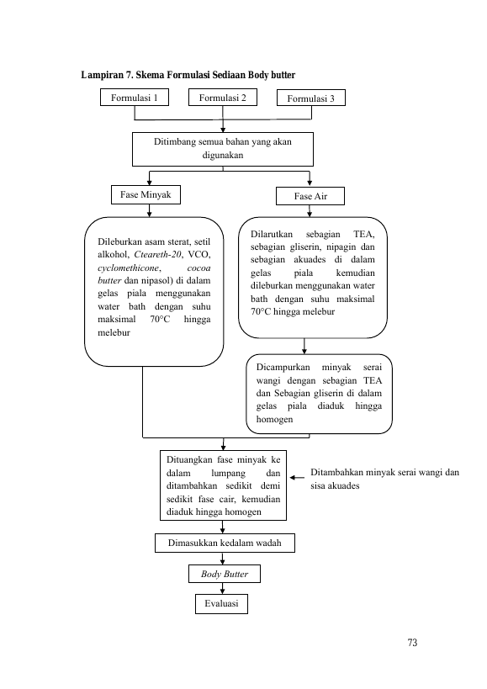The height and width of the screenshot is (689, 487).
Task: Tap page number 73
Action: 412,643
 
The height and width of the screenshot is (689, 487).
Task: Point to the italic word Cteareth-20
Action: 157,254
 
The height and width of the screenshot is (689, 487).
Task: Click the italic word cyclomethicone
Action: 128,268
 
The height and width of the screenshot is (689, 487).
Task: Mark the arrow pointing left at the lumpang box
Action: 297,478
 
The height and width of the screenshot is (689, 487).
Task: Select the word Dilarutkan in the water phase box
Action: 272,234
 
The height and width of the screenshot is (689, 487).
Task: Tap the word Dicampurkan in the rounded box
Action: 283,368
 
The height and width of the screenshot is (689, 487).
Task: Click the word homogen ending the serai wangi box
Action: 274,420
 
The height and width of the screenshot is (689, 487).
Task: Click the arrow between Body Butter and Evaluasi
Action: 223,588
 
